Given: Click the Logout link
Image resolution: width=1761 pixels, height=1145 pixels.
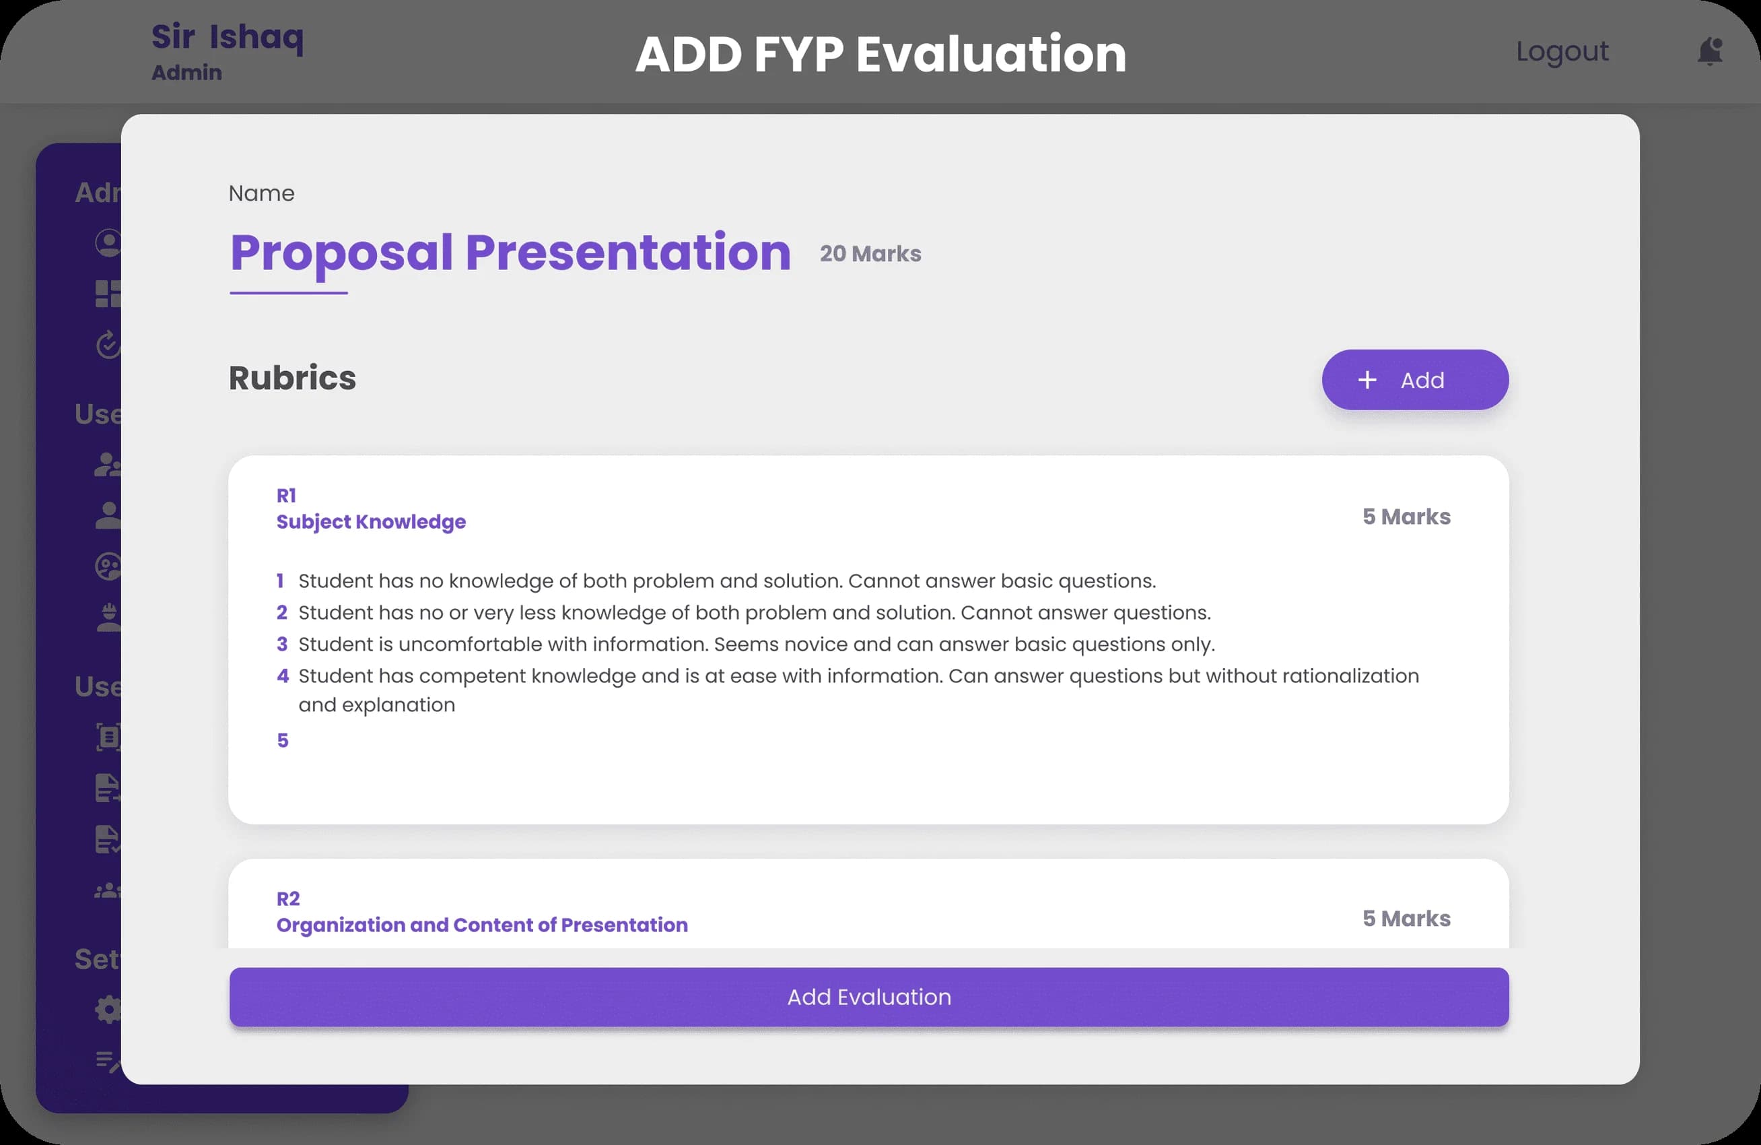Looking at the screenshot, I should point(1562,51).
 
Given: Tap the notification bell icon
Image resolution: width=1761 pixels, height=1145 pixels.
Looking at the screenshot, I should point(1710,51).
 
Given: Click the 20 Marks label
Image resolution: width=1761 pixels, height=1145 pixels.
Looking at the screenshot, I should point(870,254).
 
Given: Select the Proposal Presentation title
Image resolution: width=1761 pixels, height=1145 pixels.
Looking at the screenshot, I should point(510,253).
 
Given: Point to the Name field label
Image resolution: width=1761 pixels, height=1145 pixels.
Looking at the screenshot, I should point(261,193).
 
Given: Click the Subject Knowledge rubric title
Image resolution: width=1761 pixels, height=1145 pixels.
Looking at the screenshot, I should point(371,522).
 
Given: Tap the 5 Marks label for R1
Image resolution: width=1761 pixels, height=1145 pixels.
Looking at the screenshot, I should point(1406,517).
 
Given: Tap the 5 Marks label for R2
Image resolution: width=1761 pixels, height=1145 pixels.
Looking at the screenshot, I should point(1406,919).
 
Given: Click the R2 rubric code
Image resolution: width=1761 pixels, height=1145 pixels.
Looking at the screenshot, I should point(288,898).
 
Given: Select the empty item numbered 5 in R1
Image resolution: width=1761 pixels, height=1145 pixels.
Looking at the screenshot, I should point(283,740).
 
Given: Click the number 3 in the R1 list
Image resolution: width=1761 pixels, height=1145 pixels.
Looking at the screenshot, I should point(282,645).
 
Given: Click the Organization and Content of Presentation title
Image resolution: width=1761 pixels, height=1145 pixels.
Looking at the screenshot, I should point(482,925).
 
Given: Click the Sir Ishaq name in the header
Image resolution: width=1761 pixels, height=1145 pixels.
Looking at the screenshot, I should point(227,37).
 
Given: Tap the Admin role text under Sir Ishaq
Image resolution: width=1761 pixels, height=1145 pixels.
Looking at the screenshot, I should point(186,73).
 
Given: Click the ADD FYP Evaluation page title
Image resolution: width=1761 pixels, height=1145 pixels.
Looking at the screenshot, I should point(880,54).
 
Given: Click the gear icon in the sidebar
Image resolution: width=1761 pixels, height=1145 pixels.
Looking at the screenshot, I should point(108,1009).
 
